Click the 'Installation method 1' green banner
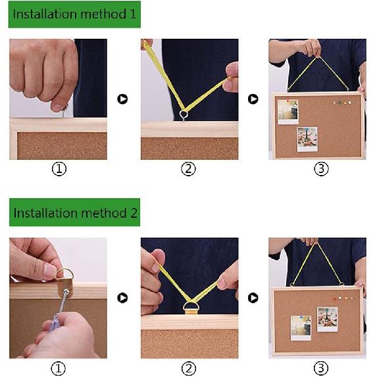[74, 14]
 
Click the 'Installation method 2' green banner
[74, 213]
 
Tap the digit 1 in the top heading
[133, 14]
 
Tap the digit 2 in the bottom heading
[134, 213]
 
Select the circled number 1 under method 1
[59, 169]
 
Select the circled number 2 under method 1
[188, 169]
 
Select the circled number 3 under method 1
[321, 169]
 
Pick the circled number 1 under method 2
[59, 368]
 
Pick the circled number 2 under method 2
[189, 368]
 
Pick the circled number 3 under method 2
[321, 368]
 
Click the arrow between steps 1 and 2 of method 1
[122, 99]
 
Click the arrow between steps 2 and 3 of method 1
[253, 99]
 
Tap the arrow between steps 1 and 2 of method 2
[122, 298]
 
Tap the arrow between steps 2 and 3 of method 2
[253, 298]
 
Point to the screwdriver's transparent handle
[55, 324]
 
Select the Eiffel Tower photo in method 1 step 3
[307, 139]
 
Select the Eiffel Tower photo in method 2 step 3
[327, 319]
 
